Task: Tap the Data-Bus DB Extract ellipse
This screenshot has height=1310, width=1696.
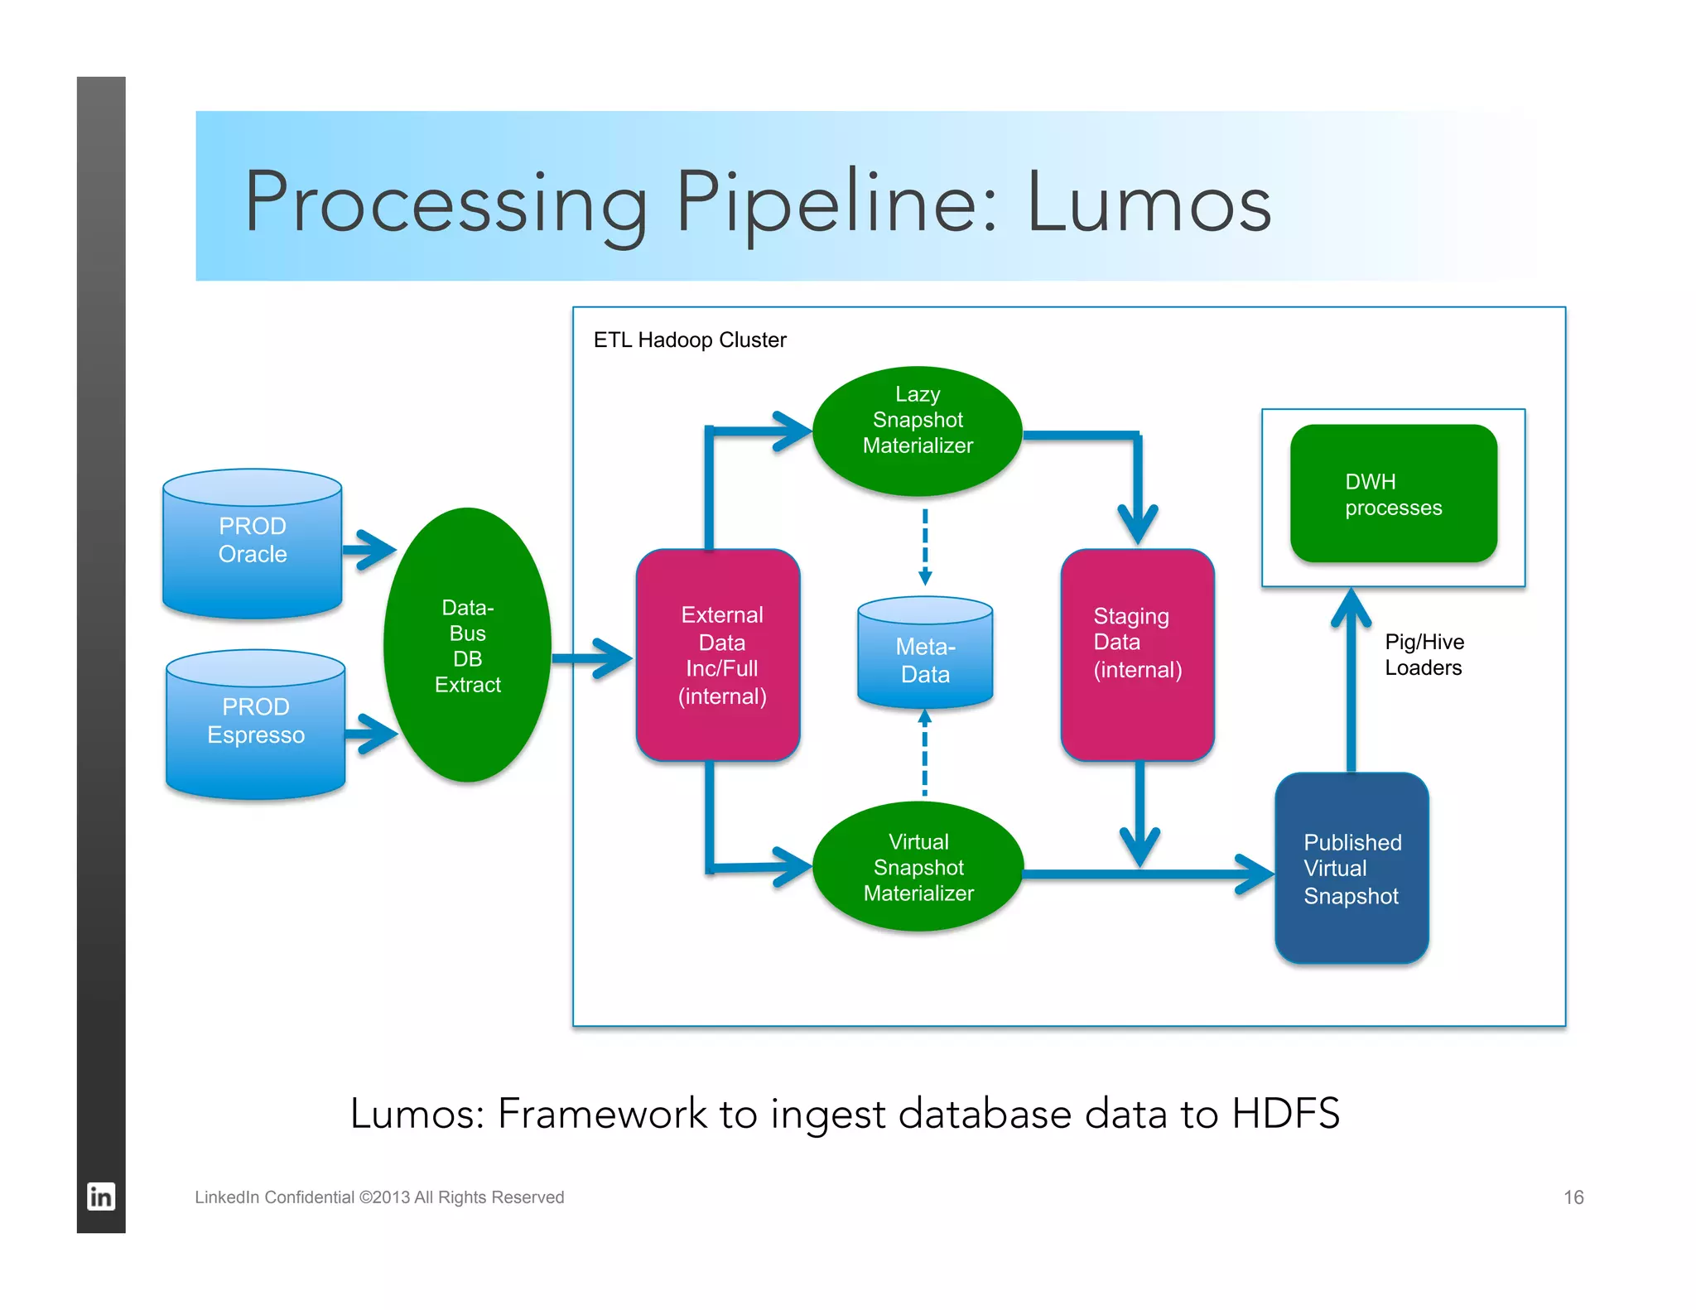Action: pyautogui.click(x=468, y=645)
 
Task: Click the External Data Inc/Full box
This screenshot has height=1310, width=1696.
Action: pyautogui.click(x=719, y=654)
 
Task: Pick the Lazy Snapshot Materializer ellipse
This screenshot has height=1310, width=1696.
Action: pyautogui.click(x=918, y=431)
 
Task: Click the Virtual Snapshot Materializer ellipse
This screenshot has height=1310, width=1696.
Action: pyautogui.click(x=918, y=866)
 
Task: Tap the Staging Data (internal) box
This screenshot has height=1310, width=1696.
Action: pyautogui.click(x=1137, y=654)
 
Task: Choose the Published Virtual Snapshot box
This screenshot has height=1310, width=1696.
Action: pyautogui.click(x=1351, y=868)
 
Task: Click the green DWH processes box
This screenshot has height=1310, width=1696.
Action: pyautogui.click(x=1393, y=494)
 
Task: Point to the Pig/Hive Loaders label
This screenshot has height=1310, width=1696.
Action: pyautogui.click(x=1424, y=654)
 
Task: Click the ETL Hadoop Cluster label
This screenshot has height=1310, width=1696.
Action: pyautogui.click(x=689, y=340)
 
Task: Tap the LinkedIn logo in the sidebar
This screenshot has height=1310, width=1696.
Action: pyautogui.click(x=101, y=1197)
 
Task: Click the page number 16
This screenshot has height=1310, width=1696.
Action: pyautogui.click(x=1573, y=1197)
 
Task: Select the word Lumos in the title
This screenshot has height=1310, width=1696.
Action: pyautogui.click(x=1148, y=203)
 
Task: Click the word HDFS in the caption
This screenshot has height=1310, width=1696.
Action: pyautogui.click(x=1284, y=1113)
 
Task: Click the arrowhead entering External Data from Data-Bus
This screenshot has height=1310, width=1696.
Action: pyautogui.click(x=617, y=659)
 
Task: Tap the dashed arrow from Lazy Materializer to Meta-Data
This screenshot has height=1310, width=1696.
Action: pyautogui.click(x=925, y=547)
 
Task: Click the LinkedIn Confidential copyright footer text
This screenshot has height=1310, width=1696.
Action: pyautogui.click(x=379, y=1197)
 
